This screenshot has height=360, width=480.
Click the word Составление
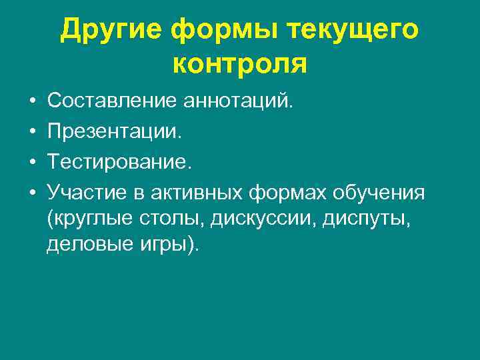[x=111, y=101]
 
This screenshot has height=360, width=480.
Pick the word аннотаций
[x=237, y=101]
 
